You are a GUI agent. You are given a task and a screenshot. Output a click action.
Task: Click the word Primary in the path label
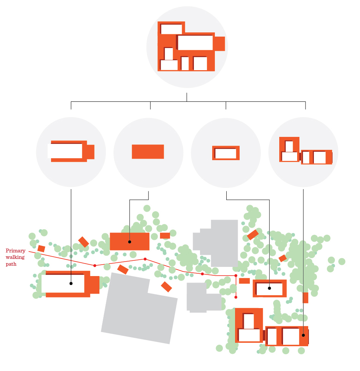pyautogui.click(x=15, y=251)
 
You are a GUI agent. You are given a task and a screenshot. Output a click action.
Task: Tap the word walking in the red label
pyautogui.click(x=15, y=257)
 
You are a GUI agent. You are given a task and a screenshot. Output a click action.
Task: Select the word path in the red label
pyautogui.click(x=11, y=264)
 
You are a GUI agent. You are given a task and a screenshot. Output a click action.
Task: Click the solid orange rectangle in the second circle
pyautogui.click(x=148, y=152)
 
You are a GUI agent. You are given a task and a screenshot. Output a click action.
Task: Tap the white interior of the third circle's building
pyautogui.click(x=226, y=153)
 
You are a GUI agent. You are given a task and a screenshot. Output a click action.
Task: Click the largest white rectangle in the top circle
pyautogui.click(x=195, y=43)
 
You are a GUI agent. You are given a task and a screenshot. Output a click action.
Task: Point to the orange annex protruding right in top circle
pyautogui.click(x=219, y=43)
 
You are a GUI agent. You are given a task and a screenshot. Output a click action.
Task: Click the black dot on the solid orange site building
pyautogui.click(x=130, y=242)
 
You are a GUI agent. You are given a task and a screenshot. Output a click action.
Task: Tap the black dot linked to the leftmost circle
pyautogui.click(x=71, y=283)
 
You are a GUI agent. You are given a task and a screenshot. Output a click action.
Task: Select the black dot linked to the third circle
pyautogui.click(x=269, y=288)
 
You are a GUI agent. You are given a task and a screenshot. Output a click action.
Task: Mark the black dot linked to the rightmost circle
pyautogui.click(x=303, y=335)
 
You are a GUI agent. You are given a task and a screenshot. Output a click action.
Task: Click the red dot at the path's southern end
pyautogui.click(x=236, y=297)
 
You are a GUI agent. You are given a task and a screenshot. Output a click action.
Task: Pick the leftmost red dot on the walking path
pyautogui.click(x=95, y=265)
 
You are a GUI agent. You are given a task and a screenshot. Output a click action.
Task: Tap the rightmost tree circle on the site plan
pyautogui.click(x=342, y=261)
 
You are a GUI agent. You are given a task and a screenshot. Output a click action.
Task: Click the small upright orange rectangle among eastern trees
pyautogui.click(x=305, y=297)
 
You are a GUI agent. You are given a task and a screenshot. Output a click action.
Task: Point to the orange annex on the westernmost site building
pyautogui.click(x=94, y=285)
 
